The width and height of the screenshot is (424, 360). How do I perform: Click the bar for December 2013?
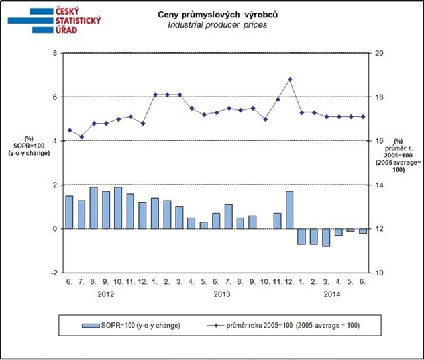(x=290, y=209)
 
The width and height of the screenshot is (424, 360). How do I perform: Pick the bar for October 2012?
(x=118, y=207)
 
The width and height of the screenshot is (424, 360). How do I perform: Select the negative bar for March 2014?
(x=325, y=237)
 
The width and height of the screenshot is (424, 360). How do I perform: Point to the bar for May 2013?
(x=203, y=225)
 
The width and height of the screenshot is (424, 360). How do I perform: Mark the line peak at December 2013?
(x=290, y=79)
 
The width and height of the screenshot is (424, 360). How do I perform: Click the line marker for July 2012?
(x=81, y=137)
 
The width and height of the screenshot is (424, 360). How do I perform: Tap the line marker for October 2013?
(x=266, y=120)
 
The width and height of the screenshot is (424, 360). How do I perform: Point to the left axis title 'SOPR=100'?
(x=28, y=146)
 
